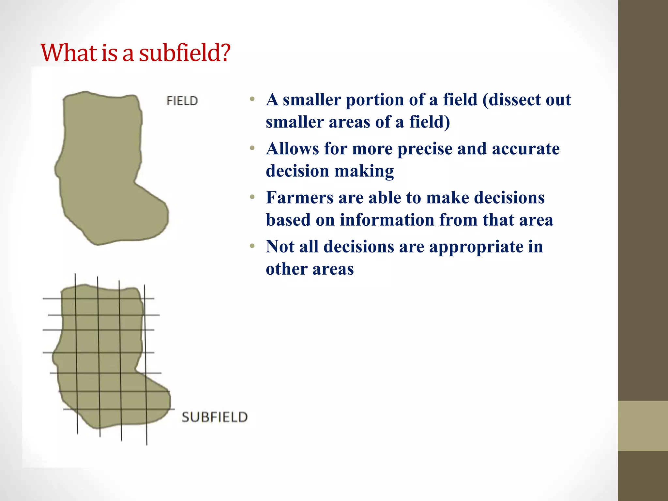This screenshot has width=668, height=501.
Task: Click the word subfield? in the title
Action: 185,53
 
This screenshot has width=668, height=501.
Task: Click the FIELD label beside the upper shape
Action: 182,101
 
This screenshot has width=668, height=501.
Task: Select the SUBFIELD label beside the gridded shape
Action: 215,417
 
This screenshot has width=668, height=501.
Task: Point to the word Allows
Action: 292,149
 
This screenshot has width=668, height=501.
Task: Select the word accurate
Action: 525,149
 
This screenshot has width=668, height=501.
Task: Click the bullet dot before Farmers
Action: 252,197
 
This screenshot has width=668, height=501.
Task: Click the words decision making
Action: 329,171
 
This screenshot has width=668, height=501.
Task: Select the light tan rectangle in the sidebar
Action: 643,426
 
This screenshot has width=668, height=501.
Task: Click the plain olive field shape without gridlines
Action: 104,170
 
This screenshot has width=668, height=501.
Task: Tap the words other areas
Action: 310,269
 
